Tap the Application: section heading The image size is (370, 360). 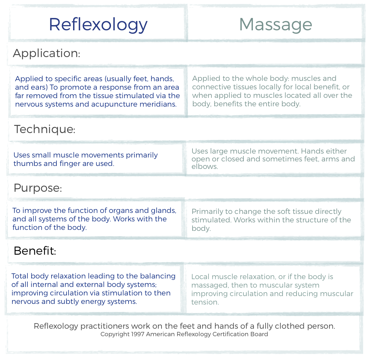click(x=46, y=53)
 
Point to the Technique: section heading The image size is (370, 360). click(x=45, y=129)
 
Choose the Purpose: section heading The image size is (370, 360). click(x=38, y=188)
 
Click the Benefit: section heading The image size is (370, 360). click(x=35, y=251)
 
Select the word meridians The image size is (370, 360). click(x=158, y=104)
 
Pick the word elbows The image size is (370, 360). click(x=205, y=166)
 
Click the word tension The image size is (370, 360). click(x=205, y=302)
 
